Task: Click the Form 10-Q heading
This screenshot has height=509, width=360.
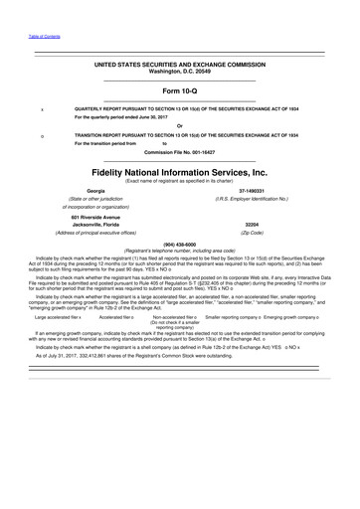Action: (179, 90)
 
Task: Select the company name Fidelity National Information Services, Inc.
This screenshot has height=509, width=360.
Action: (179, 170)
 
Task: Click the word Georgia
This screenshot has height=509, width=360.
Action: (96, 189)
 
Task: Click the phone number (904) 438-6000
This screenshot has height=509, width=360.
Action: (179, 243)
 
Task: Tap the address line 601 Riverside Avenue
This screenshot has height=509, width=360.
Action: (95, 215)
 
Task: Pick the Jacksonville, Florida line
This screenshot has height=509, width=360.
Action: (95, 225)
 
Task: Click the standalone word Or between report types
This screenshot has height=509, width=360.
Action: (179, 124)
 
